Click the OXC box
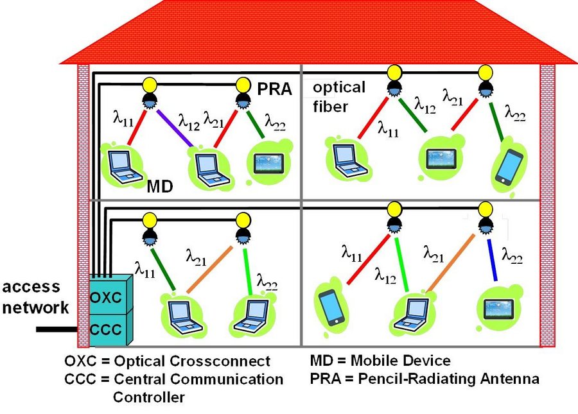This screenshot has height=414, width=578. (111, 295)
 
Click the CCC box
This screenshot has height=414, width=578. (111, 329)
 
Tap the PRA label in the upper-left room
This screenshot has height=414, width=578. (275, 89)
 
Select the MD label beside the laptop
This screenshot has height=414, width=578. (160, 186)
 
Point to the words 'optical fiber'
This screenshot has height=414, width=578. (339, 97)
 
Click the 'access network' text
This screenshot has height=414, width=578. (35, 297)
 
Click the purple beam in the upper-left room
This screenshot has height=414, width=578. (175, 128)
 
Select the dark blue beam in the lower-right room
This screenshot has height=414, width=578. (492, 260)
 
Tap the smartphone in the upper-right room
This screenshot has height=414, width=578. (510, 167)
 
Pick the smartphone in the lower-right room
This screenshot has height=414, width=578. (332, 307)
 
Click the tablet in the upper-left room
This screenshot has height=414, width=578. (268, 164)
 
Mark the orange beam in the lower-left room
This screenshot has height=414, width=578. (210, 270)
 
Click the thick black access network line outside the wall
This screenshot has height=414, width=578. (57, 329)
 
